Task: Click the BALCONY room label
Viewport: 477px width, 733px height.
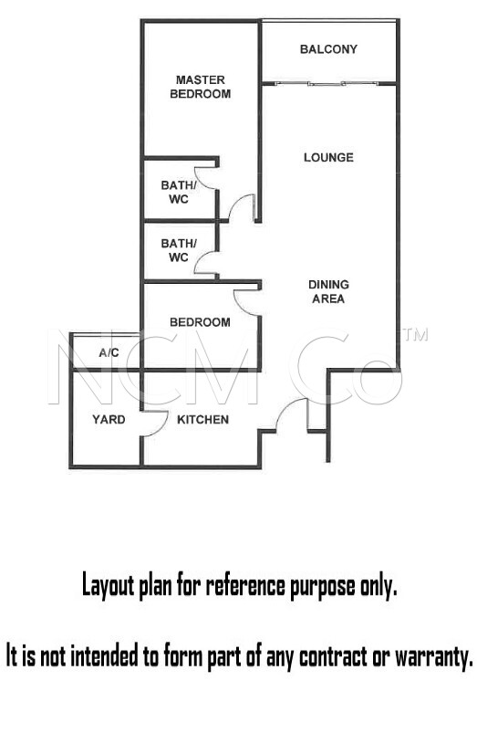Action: click(328, 49)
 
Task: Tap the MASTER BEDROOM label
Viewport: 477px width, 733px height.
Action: click(201, 87)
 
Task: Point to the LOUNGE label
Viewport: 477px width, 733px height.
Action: click(328, 158)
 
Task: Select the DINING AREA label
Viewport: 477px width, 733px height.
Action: click(328, 292)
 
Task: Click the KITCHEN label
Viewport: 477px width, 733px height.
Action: click(203, 420)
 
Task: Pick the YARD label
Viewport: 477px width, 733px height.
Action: click(109, 420)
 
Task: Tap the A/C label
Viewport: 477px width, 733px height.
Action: click(109, 353)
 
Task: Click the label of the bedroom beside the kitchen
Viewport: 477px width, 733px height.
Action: click(200, 322)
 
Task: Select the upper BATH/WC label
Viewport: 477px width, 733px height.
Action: click(179, 192)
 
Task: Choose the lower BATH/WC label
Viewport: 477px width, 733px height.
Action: click(179, 250)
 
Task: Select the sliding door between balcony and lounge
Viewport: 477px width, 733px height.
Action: click(328, 84)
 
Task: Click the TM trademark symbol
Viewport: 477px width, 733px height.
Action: click(416, 335)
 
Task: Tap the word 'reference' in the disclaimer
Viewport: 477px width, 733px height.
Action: click(245, 585)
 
